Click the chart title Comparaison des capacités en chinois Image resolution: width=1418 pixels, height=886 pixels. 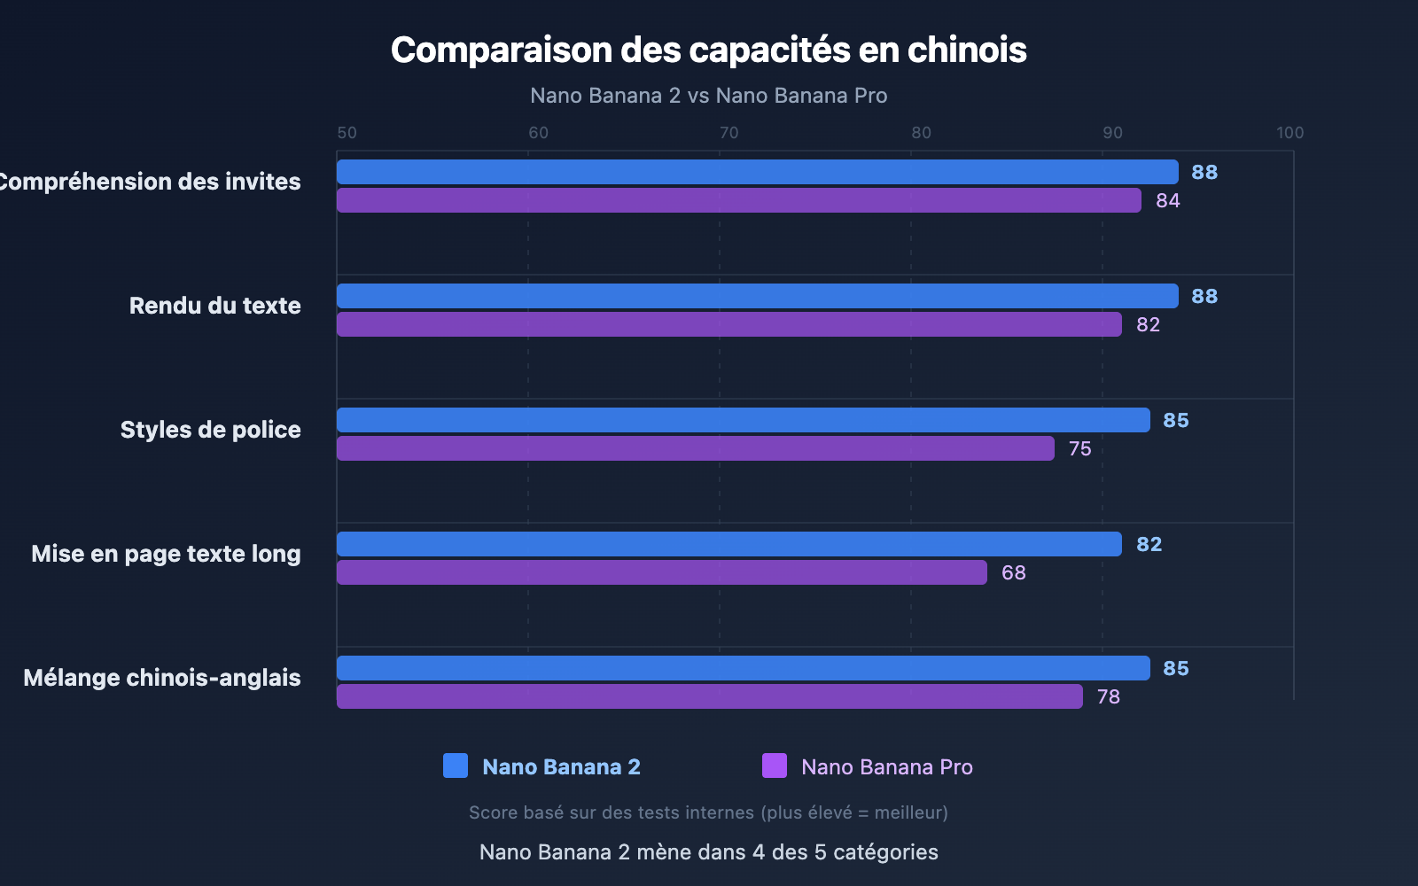pyautogui.click(x=708, y=51)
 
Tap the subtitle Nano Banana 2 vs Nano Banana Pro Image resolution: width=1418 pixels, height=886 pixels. pyautogui.click(x=708, y=96)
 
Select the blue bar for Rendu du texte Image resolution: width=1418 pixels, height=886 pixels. pyautogui.click(x=757, y=296)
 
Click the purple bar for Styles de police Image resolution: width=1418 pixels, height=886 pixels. pyautogui.click(x=695, y=448)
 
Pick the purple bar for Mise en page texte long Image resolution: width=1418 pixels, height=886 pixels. pyautogui.click(x=661, y=572)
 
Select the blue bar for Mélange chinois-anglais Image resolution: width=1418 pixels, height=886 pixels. pyautogui.click(x=743, y=668)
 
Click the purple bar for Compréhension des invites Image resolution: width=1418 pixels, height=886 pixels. pyautogui.click(x=738, y=200)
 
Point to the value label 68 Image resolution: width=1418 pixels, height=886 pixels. pyautogui.click(x=1013, y=573)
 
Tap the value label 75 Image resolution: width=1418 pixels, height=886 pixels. pyautogui.click(x=1079, y=449)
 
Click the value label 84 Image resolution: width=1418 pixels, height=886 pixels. pyautogui.click(x=1167, y=201)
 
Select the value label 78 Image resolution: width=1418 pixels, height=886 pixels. pyautogui.click(x=1108, y=697)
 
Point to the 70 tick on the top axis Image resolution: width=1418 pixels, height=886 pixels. pyautogui.click(x=728, y=133)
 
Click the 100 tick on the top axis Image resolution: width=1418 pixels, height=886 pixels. pyautogui.click(x=1289, y=133)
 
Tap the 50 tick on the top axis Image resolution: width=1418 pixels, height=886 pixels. pyautogui.click(x=347, y=133)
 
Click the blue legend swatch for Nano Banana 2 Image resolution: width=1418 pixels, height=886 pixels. pyautogui.click(x=456, y=766)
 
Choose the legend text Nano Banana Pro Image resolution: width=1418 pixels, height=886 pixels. pyautogui.click(x=886, y=767)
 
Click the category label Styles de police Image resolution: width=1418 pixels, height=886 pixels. pyautogui.click(x=210, y=430)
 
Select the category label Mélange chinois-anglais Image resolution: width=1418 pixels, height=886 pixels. pyautogui.click(x=162, y=678)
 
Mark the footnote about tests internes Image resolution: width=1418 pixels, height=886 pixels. pyautogui.click(x=708, y=812)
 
